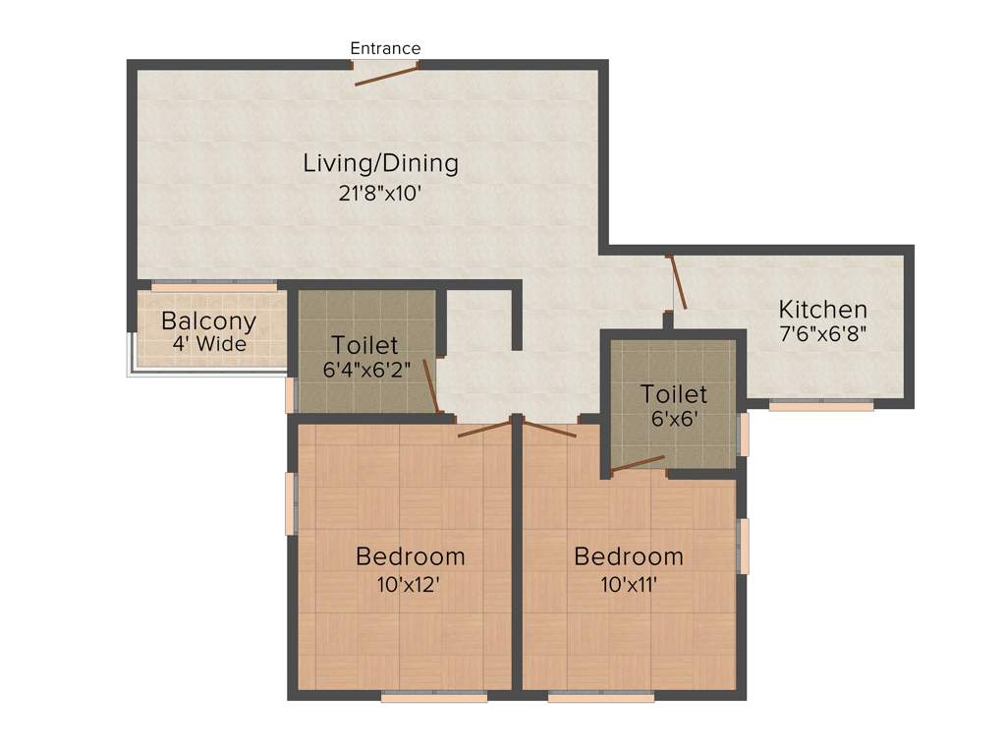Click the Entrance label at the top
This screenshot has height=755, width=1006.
(x=385, y=48)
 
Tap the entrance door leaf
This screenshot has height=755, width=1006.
(x=386, y=77)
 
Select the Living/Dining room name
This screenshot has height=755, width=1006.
(x=380, y=163)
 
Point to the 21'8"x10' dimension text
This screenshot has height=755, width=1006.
(x=380, y=194)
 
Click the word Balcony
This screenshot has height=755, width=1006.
(x=208, y=321)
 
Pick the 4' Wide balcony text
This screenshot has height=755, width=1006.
(x=209, y=345)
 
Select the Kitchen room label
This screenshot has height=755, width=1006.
(x=823, y=310)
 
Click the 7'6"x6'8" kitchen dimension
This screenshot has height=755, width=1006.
(x=823, y=334)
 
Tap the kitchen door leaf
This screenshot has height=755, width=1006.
(x=678, y=282)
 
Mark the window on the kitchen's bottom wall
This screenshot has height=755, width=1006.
(x=821, y=404)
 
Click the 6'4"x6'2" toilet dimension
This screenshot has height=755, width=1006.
(x=364, y=371)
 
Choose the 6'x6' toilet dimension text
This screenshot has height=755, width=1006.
(x=674, y=419)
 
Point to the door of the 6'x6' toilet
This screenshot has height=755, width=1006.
(x=638, y=463)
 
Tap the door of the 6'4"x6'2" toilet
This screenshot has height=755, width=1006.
(x=430, y=385)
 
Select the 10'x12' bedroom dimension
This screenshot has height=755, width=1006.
(x=410, y=584)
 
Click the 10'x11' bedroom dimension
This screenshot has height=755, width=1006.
(x=629, y=584)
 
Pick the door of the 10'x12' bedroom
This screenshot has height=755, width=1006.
(x=483, y=428)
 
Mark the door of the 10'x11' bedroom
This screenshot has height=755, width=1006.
(x=550, y=429)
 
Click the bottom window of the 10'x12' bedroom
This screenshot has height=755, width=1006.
(x=434, y=697)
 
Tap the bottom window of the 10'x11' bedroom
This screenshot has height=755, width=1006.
(x=601, y=697)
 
